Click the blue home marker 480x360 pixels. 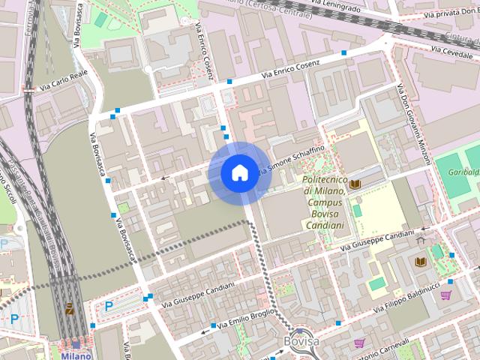tap(238, 173)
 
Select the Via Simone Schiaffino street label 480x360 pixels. tap(292, 160)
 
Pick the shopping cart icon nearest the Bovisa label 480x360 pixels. tap(359, 343)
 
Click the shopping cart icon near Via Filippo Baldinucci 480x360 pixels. tap(446, 295)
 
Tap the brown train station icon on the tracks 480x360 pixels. tap(70, 308)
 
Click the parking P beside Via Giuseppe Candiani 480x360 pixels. tap(109, 306)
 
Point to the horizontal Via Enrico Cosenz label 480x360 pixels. tap(291, 70)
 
